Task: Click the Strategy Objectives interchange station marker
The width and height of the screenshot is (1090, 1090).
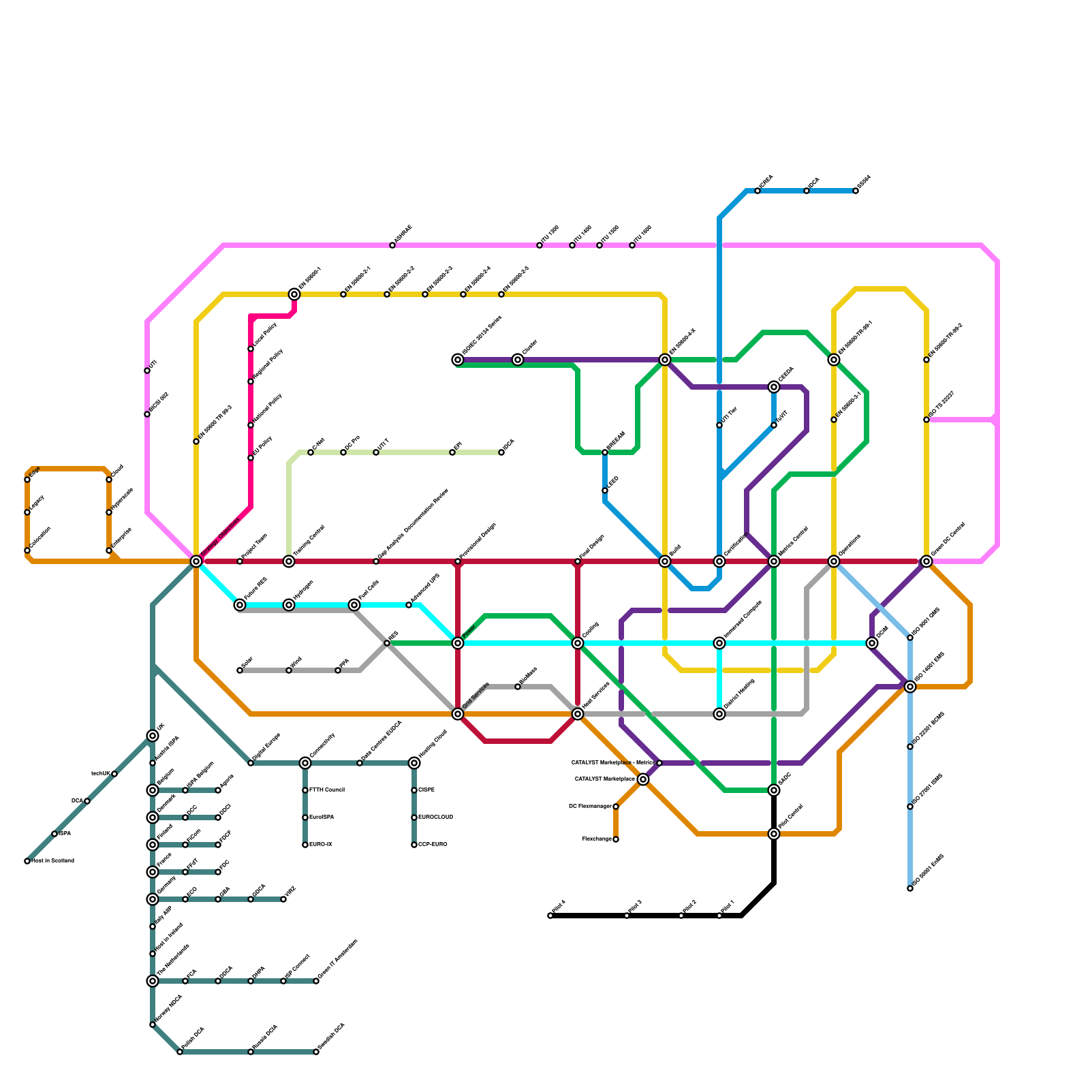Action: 196,561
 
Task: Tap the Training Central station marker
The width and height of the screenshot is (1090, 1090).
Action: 289,561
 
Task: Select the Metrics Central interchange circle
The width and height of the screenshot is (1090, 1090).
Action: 774,561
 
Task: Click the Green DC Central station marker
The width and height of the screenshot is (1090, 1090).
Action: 926,561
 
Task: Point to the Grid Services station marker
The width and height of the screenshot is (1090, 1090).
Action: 458,714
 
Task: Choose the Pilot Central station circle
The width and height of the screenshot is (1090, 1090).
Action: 774,834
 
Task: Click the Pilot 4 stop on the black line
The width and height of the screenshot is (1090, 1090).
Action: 550,916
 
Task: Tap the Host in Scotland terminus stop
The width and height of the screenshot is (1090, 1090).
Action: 27,861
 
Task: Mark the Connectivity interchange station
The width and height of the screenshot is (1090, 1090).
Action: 305,763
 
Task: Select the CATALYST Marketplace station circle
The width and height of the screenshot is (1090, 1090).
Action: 643,779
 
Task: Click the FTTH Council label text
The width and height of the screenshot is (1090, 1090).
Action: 326,790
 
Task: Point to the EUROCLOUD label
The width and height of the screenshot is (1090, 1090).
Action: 435,817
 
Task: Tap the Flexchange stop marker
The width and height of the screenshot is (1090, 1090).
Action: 616,839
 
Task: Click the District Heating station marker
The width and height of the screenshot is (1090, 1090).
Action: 719,714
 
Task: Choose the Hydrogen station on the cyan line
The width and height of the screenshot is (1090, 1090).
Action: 289,605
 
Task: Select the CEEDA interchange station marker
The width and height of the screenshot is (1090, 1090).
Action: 774,387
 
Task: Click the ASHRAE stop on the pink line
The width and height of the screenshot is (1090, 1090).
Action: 392,245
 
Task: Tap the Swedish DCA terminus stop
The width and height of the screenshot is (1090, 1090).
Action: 316,1052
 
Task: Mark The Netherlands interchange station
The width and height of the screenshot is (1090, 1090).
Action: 153,981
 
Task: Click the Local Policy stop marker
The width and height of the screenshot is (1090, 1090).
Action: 251,349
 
